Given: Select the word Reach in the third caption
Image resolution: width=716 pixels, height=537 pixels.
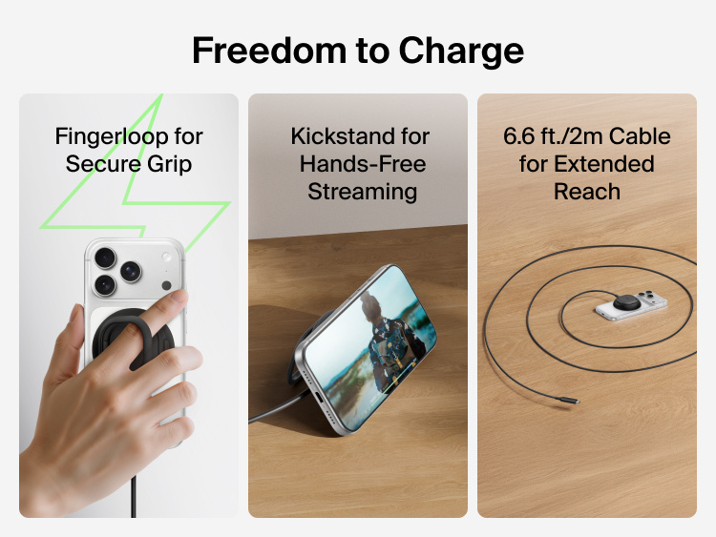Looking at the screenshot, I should point(587,192).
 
